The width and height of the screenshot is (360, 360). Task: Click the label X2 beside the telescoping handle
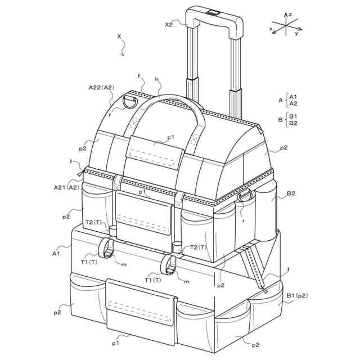coord(169,25)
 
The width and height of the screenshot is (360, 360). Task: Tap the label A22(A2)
coord(101,87)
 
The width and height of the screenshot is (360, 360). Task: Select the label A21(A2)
coord(66,187)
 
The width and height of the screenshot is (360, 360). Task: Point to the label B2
coord(291,193)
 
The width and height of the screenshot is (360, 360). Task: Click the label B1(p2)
coord(297,296)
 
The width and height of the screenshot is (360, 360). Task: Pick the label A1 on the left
coord(56,254)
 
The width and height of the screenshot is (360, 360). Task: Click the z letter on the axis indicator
coord(290,15)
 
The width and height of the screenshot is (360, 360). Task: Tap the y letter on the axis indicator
coord(296,34)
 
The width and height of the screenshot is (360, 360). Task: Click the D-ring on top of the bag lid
coord(130,102)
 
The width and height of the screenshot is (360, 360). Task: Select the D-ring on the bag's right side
coord(245,195)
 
